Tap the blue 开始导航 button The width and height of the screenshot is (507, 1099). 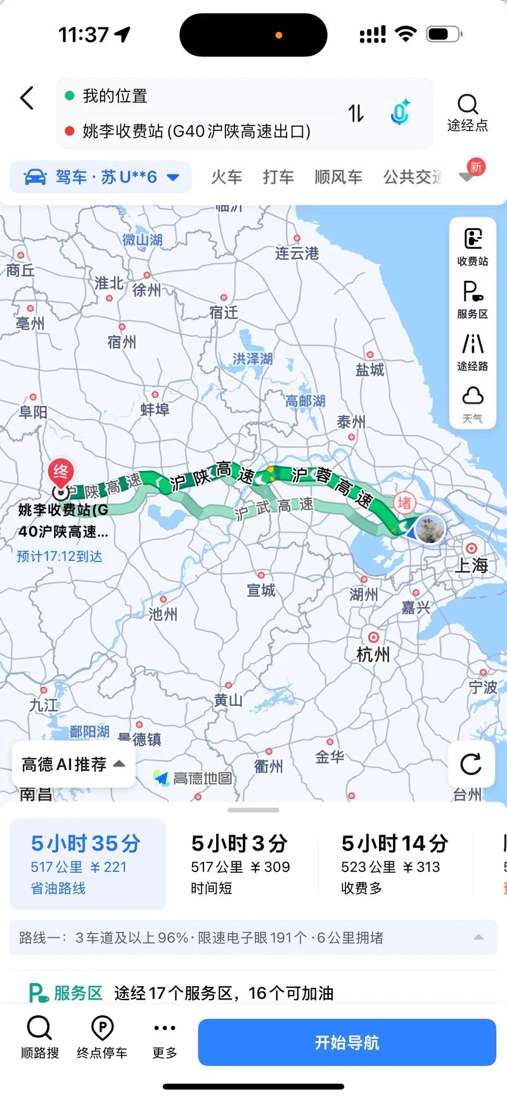347,1043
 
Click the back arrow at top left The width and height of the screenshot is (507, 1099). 27,98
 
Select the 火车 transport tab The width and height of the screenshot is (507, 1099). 226,177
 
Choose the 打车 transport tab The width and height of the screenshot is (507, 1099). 278,177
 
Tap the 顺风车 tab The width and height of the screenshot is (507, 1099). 338,177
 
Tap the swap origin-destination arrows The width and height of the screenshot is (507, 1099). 356,113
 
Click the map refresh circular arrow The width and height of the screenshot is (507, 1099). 471,764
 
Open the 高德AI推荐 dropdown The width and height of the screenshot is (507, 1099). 74,764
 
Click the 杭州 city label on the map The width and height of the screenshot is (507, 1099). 373,654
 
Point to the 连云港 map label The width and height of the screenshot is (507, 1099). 297,254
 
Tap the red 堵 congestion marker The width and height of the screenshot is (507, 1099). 404,503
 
